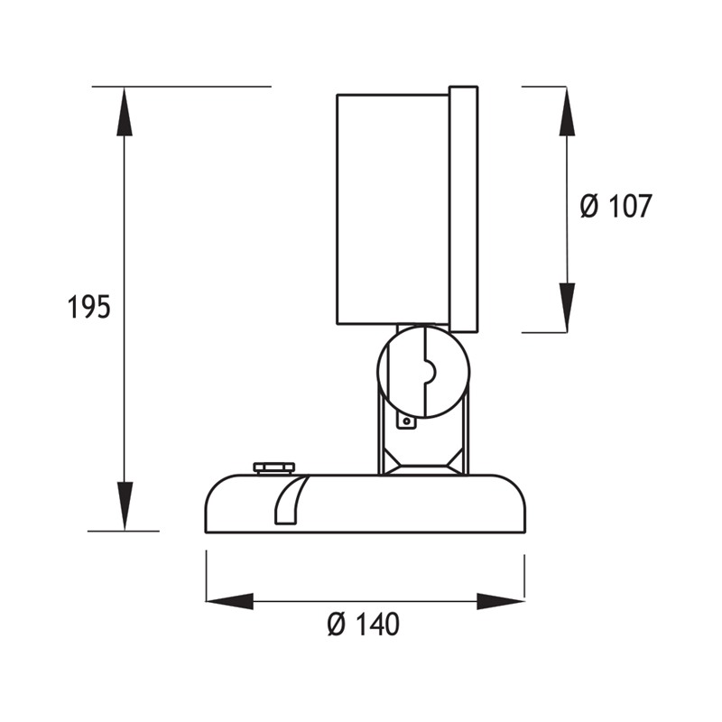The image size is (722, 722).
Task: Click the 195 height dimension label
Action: pyautogui.click(x=88, y=308)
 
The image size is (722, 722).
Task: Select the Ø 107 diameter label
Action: pyautogui.click(x=615, y=207)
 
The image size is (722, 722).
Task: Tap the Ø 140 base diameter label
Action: pyautogui.click(x=364, y=624)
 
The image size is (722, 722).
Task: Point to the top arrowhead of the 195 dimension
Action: pyautogui.click(x=125, y=113)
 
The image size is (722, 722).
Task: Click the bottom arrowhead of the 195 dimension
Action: pyautogui.click(x=125, y=505)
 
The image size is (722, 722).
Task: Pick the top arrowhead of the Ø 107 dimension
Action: pyautogui.click(x=567, y=112)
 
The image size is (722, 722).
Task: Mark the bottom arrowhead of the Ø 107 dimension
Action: pyautogui.click(x=567, y=307)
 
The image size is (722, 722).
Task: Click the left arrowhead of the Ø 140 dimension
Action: pyautogui.click(x=230, y=601)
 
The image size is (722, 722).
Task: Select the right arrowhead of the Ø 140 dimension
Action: pyautogui.click(x=501, y=601)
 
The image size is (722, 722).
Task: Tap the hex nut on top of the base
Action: pyautogui.click(x=273, y=467)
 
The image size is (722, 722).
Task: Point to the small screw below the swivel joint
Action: pyautogui.click(x=407, y=420)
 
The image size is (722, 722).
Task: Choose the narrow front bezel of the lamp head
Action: pyautogui.click(x=463, y=208)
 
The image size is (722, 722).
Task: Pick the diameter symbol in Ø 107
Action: pyautogui.click(x=588, y=207)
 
